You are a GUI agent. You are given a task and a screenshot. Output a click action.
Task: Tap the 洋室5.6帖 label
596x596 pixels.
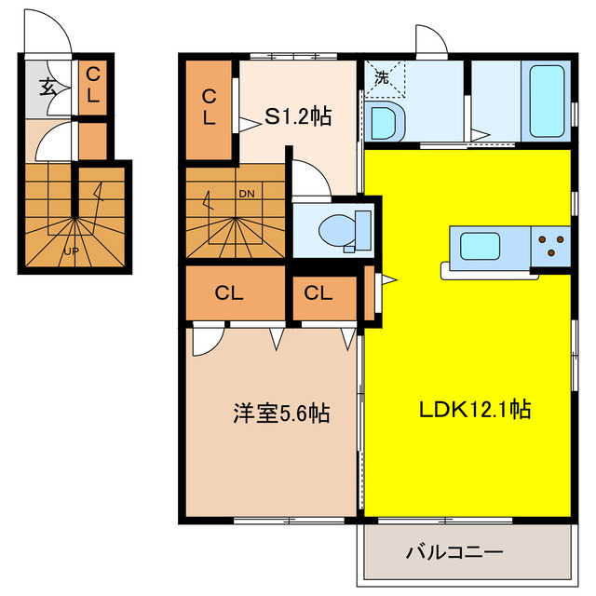point(281,413)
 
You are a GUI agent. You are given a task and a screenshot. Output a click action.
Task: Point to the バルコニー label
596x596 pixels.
point(454,552)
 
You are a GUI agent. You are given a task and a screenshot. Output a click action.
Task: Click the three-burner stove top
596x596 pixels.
point(550,246)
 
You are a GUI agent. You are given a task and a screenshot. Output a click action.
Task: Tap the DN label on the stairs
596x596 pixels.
point(247,194)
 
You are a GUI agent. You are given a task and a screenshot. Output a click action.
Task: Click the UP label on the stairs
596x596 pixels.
point(71,251)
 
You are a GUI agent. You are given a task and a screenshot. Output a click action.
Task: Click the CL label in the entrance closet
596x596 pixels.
point(93,84)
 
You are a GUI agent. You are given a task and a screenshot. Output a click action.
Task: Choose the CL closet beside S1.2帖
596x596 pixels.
point(210,107)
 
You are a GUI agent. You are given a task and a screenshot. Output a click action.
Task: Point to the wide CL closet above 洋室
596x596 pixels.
point(229,292)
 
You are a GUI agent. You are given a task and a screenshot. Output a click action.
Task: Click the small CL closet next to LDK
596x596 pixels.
point(318,292)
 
